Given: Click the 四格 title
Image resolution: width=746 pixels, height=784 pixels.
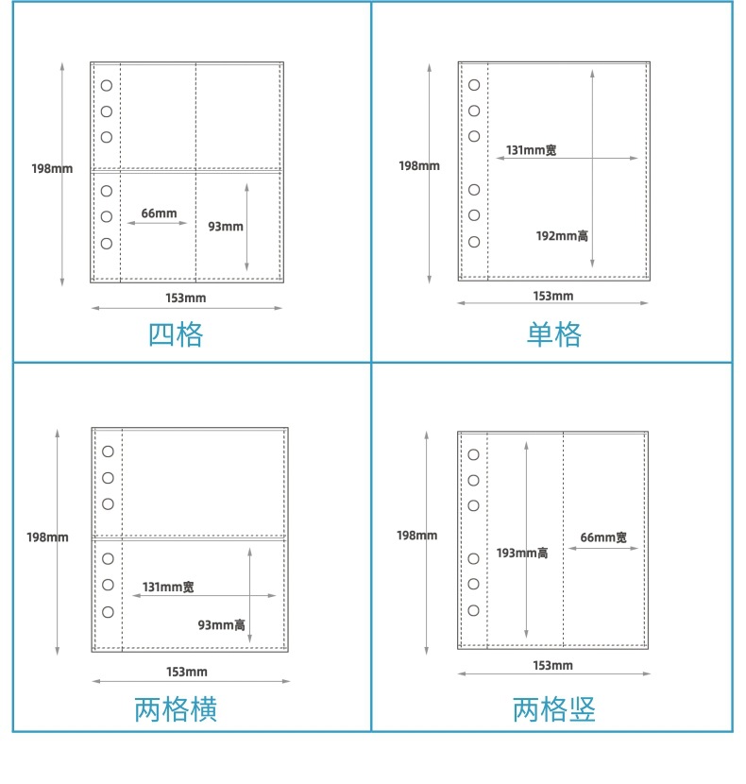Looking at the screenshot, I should (x=176, y=334).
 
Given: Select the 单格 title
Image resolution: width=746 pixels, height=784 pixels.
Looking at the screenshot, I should (x=553, y=334).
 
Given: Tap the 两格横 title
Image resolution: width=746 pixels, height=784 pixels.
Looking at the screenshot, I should (x=176, y=709).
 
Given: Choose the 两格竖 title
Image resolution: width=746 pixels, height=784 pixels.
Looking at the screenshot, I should (x=554, y=709).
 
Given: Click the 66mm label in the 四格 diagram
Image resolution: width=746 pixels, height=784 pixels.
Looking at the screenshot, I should (x=159, y=213).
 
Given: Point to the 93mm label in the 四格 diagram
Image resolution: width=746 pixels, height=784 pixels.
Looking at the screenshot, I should (x=226, y=227).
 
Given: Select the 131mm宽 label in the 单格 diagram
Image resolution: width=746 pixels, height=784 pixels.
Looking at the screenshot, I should (x=531, y=150).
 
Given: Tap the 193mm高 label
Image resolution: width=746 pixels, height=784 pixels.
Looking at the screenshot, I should (x=522, y=553).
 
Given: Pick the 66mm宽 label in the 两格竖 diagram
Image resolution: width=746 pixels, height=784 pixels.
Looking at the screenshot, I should (x=603, y=537).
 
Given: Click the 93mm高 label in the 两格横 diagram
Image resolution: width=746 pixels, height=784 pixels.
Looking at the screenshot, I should (x=222, y=624).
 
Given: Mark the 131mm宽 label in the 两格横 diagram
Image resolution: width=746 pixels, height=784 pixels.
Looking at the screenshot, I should (x=168, y=587).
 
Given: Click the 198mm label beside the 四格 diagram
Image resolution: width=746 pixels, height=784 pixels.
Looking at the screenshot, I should (x=52, y=169).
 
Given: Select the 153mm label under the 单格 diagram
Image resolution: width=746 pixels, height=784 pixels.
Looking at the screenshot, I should (x=553, y=296).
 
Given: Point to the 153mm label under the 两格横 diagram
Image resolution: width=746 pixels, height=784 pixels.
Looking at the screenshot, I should (x=187, y=672).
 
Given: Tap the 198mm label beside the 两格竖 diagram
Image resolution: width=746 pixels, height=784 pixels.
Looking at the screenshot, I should (x=416, y=536).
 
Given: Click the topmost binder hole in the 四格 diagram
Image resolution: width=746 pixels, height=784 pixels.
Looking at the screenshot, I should (x=107, y=85).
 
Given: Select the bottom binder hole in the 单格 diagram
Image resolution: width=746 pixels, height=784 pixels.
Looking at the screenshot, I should (x=474, y=242).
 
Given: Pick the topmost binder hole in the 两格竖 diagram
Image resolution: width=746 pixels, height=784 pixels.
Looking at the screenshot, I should (x=473, y=454).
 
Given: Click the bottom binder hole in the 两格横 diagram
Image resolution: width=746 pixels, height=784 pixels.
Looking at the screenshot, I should (x=108, y=612).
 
